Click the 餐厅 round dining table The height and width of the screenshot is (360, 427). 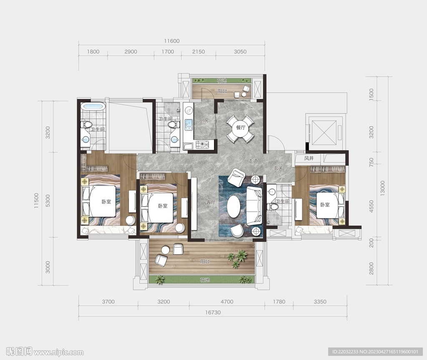tap(241, 128)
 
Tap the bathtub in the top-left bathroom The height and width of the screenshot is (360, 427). tap(93, 107)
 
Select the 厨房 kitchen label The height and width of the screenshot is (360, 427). tap(203, 120)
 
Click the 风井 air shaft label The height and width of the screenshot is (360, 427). tap(309, 158)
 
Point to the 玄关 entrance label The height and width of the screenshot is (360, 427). tap(278, 168)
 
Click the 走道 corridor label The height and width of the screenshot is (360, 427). tap(253, 161)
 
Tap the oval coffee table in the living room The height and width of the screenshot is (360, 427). tap(234, 207)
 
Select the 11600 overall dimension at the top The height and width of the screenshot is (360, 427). tap(172, 41)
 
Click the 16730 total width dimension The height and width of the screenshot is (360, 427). tap(213, 312)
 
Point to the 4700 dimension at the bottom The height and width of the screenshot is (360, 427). tap(227, 302)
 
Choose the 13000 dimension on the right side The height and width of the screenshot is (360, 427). tap(383, 188)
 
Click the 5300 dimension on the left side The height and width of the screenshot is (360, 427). tap(48, 200)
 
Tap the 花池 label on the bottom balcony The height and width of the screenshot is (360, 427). tap(204, 280)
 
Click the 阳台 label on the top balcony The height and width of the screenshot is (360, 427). tap(223, 91)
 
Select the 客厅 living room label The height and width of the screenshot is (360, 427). tap(211, 202)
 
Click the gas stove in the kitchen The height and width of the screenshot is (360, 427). tap(202, 145)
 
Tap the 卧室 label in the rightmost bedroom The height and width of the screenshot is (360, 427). tap(325, 205)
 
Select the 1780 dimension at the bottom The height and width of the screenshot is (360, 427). tap(279, 302)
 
